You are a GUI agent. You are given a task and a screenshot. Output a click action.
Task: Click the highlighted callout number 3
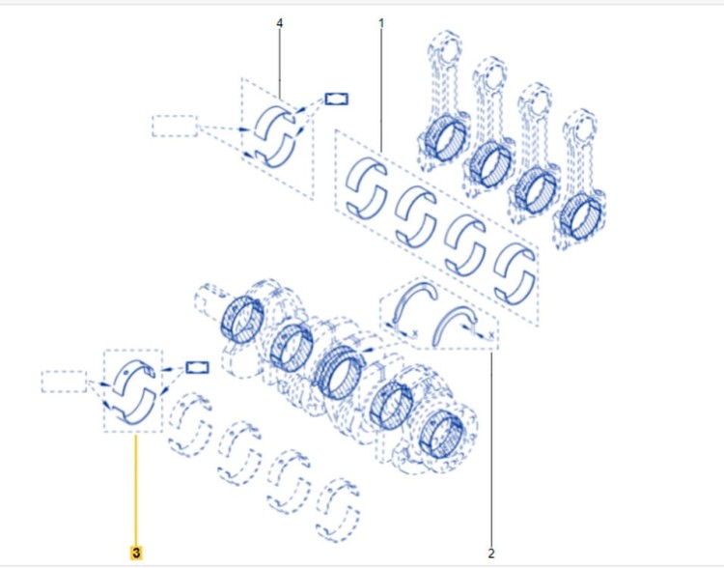coord(136,553)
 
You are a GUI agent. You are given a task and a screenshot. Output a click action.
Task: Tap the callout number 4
coord(279,22)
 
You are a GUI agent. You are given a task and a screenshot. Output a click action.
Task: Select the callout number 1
coord(381,22)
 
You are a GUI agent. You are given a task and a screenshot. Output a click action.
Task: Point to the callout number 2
coord(490,553)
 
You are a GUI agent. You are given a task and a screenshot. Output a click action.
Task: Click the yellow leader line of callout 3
coord(136,490)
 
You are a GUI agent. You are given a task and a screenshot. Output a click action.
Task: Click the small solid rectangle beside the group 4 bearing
coord(337,99)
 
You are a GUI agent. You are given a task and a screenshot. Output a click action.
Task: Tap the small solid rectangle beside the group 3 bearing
coord(197,367)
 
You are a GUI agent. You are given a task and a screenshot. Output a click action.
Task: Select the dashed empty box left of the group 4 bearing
coord(175,126)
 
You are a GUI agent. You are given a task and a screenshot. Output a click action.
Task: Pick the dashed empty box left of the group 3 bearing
coord(64,382)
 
